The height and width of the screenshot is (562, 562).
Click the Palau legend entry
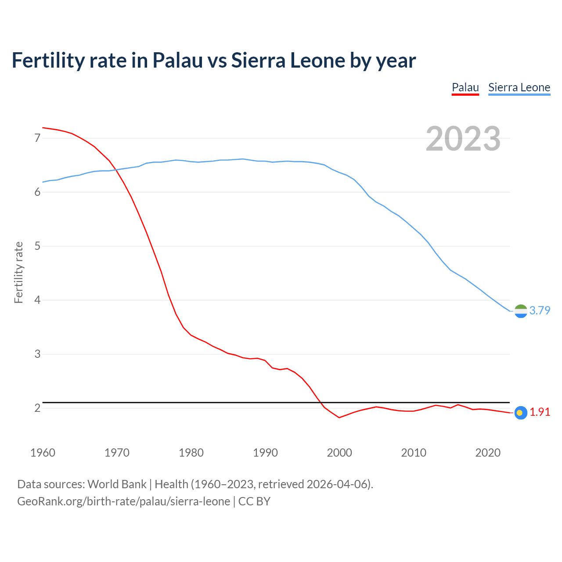click(x=465, y=87)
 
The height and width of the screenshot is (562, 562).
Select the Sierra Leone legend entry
click(x=519, y=87)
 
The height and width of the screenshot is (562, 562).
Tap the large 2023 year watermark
click(x=463, y=139)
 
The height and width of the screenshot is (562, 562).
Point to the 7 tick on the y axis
click(x=37, y=138)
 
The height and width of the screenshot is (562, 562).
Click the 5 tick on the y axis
click(x=37, y=246)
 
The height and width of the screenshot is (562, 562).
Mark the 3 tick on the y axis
click(x=37, y=354)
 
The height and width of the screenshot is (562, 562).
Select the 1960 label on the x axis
click(x=43, y=453)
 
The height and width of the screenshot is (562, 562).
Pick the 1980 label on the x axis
click(x=191, y=453)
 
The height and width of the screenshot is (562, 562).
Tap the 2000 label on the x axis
click(x=339, y=453)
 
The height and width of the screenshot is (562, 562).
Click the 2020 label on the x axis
click(x=488, y=453)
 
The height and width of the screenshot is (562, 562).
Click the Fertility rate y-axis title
click(x=18, y=272)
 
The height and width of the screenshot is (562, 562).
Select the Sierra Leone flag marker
click(x=521, y=311)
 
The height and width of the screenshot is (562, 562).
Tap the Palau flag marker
click(x=521, y=413)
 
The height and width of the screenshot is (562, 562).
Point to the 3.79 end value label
click(x=540, y=311)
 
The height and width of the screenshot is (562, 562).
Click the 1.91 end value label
click(x=540, y=412)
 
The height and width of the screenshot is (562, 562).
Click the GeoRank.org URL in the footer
click(x=123, y=501)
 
